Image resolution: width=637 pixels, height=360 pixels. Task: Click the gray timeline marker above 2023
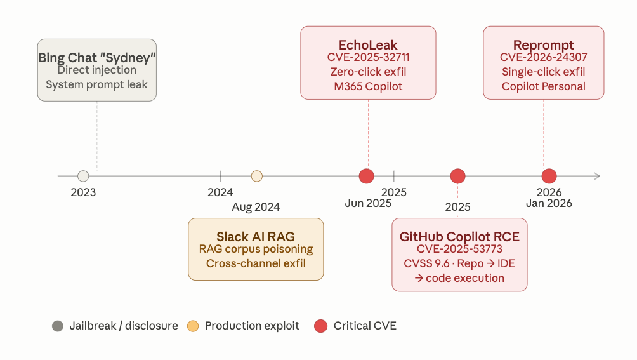point(83,176)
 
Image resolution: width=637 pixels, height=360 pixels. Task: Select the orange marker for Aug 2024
point(256,176)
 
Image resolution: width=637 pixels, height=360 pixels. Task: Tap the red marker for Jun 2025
point(366,176)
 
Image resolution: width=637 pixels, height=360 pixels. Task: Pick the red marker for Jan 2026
point(549,176)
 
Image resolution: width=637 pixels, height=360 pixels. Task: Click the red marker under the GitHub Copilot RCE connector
point(457,176)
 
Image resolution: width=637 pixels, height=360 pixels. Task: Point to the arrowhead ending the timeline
point(596,176)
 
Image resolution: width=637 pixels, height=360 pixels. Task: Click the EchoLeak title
point(368,45)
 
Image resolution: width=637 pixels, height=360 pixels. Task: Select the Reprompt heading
point(543,45)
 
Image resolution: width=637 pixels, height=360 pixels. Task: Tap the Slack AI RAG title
point(256,237)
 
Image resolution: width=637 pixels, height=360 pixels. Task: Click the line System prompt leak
point(96,84)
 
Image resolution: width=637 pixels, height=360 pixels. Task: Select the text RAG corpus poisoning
point(256,250)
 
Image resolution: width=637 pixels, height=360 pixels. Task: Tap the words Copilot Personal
point(543,86)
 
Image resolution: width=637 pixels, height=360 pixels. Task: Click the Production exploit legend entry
point(251,326)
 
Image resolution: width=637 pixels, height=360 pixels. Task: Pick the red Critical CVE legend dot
point(321,326)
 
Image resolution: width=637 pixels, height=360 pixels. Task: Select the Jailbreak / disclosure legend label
point(123,326)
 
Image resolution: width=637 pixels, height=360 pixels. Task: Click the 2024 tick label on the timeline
point(220,192)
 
